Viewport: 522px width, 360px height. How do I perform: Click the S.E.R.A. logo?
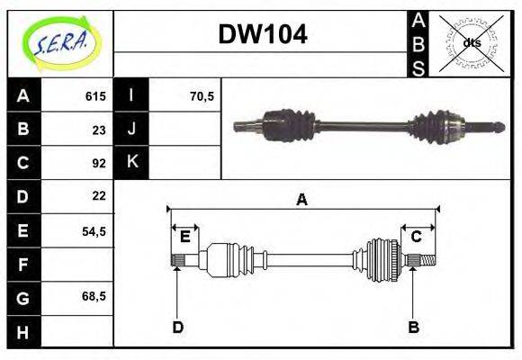tap(60, 42)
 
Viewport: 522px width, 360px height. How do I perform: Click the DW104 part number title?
tap(263, 34)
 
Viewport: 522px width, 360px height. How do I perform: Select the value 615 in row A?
tap(95, 96)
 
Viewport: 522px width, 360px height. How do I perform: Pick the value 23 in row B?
tap(99, 130)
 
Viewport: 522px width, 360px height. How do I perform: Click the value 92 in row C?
tap(99, 163)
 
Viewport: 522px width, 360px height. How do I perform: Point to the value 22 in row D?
tap(99, 196)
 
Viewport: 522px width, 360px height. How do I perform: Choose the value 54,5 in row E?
tap(94, 230)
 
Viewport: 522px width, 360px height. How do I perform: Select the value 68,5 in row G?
tap(94, 296)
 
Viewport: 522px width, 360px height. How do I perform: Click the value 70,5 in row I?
tap(202, 96)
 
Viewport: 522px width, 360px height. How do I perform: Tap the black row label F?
tap(22, 264)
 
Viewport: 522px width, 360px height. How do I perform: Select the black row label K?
tap(131, 163)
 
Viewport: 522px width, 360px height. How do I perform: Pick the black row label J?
tap(131, 130)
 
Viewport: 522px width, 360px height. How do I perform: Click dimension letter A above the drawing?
tap(302, 200)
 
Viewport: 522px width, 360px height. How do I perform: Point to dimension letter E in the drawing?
tap(184, 237)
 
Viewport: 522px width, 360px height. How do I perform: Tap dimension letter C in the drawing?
tap(417, 237)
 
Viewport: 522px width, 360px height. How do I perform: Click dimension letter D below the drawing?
tap(177, 327)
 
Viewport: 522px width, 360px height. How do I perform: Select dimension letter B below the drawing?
tap(413, 327)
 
